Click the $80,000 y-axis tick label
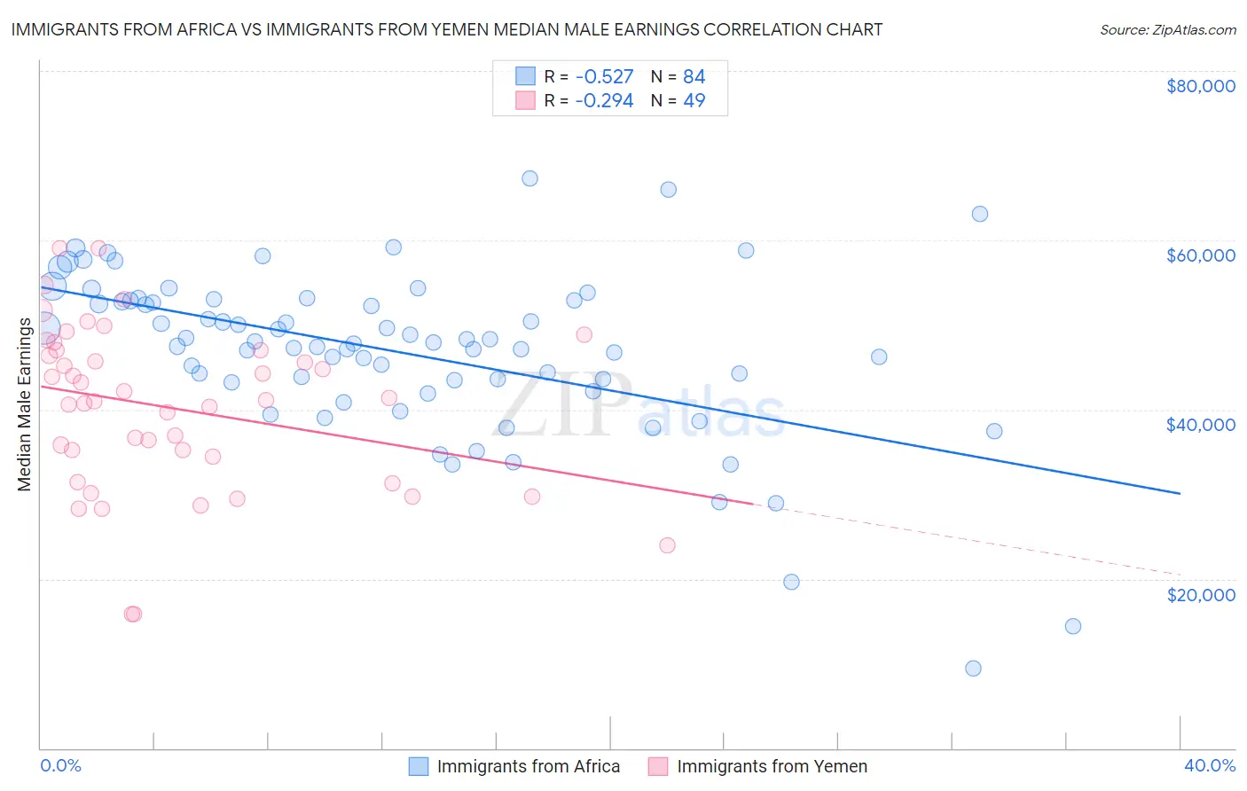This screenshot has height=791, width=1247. (1200, 86)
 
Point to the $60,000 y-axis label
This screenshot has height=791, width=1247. (1200, 255)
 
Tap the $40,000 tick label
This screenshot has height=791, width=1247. (1200, 425)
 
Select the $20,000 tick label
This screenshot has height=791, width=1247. (1200, 594)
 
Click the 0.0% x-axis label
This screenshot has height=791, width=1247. (60, 765)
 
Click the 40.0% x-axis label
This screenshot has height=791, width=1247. (1210, 765)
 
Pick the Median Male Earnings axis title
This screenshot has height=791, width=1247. (25, 404)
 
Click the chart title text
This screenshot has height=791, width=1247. (447, 29)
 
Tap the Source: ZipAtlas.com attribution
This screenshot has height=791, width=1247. (1167, 29)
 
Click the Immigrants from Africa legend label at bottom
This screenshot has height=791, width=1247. (529, 766)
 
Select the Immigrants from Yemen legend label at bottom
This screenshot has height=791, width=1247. (772, 766)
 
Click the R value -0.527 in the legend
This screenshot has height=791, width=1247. (604, 76)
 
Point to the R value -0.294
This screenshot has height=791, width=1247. (604, 100)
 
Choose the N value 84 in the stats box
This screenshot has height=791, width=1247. (694, 76)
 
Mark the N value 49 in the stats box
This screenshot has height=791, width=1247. (694, 100)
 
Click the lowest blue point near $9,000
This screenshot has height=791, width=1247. (973, 668)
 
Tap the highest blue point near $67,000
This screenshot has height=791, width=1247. (529, 178)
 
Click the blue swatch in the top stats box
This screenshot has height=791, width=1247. (526, 76)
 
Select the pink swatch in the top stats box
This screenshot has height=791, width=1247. (526, 100)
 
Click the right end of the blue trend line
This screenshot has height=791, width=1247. (1180, 493)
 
